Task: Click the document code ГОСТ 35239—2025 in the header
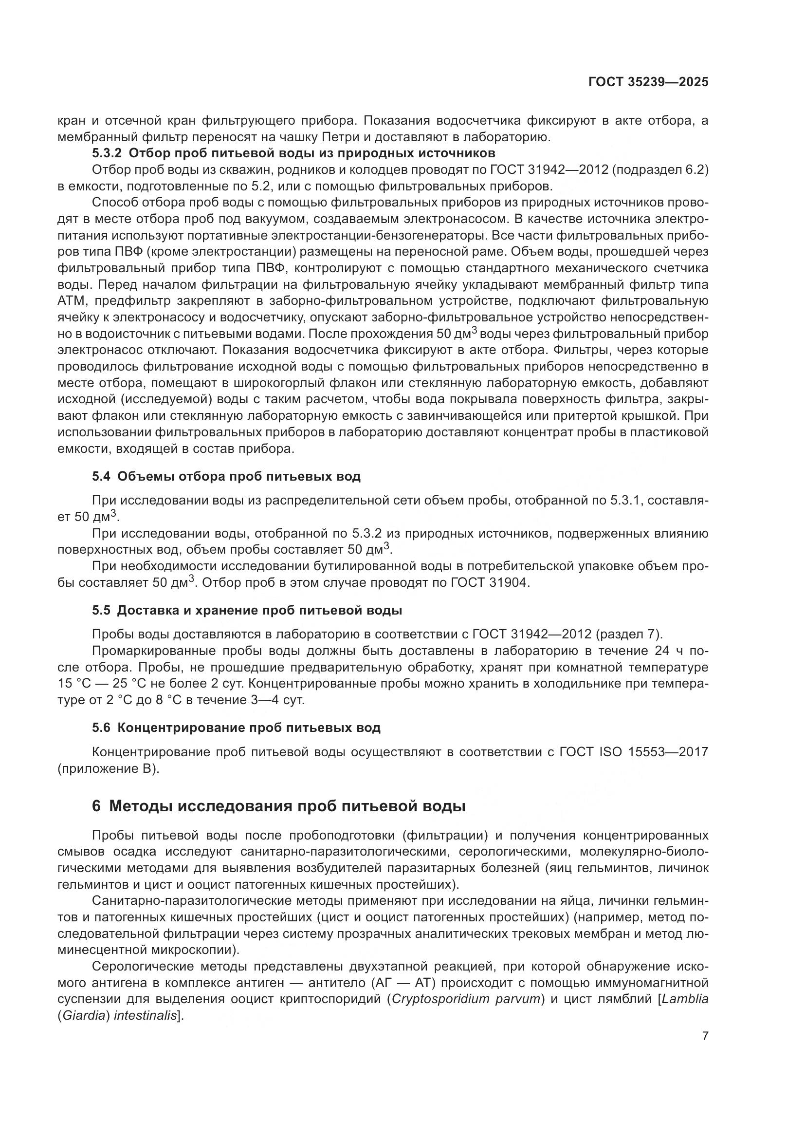[x=648, y=82]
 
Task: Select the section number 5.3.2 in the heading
[x=107, y=153]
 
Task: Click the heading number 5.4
[x=101, y=477]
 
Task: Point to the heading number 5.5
[x=101, y=611]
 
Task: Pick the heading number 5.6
[x=101, y=728]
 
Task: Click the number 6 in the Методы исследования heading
[x=96, y=806]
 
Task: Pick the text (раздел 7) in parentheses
[x=628, y=634]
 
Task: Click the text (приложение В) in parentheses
[x=109, y=769]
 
